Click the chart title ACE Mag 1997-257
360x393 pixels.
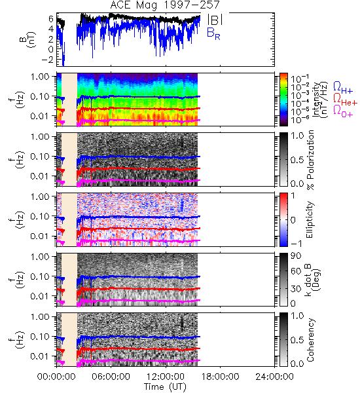pos(165,5)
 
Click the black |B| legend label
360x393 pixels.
pos(215,19)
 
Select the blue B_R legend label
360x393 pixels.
pos(213,34)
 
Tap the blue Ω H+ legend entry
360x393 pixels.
pos(343,88)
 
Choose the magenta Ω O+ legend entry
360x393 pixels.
pos(343,111)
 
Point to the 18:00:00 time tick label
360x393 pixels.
pos(220,377)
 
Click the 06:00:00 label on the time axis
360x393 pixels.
pos(111,377)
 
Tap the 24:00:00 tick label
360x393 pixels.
pos(274,377)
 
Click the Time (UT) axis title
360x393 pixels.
pos(165,387)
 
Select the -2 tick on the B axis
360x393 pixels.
pos(47,60)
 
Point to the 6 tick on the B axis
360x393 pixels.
pos(51,18)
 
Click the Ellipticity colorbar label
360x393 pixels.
pos(310,220)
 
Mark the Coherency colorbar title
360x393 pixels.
pos(310,340)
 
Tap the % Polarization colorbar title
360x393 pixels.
pos(311,160)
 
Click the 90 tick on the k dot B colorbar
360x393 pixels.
pos(296,256)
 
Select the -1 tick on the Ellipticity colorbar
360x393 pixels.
pos(296,244)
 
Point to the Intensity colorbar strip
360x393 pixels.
pos(283,100)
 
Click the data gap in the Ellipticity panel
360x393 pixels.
pos(69,220)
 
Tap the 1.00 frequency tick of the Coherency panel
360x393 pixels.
pos(40,316)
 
